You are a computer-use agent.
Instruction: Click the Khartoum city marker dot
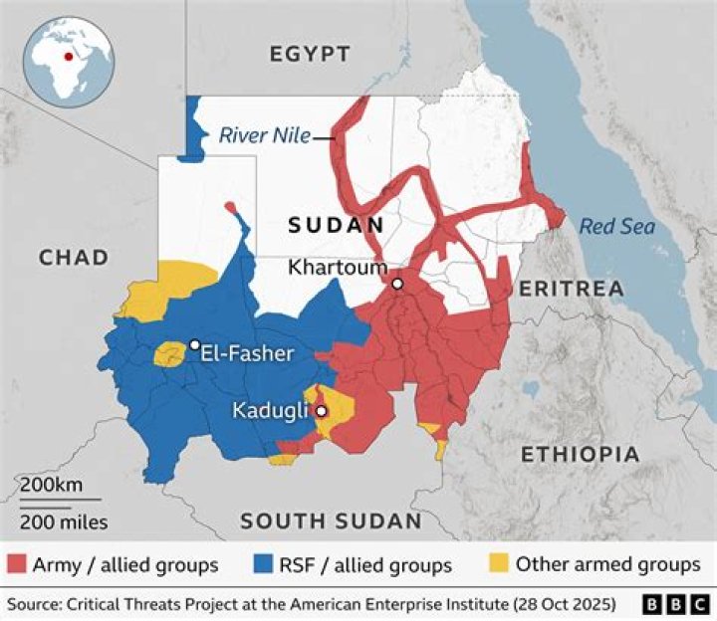pos(397,285)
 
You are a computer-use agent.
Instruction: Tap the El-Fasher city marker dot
pos(195,344)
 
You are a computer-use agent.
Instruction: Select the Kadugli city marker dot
pos(321,410)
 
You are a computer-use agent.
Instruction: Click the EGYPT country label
pos(311,54)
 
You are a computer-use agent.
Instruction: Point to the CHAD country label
pos(74,258)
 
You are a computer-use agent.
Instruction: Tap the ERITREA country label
pos(570,289)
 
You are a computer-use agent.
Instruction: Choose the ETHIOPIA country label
pos(580,455)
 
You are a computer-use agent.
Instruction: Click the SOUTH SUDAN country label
pos(331,521)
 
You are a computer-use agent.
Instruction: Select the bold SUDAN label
pos(336,225)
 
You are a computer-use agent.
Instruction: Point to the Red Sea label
pos(617,226)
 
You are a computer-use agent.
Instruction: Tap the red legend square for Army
pos(17,565)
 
